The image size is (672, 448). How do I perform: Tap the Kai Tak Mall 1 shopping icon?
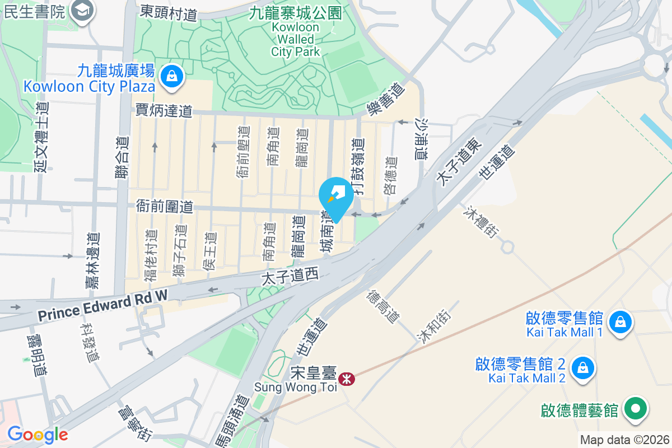[x=619, y=323]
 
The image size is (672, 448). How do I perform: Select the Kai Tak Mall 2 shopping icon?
[x=582, y=369]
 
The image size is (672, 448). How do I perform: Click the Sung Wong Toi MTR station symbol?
[x=347, y=379]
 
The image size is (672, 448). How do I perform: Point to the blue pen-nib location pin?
[x=336, y=198]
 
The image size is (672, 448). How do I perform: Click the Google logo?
[x=38, y=435]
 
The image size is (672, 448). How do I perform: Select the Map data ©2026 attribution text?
[x=624, y=440]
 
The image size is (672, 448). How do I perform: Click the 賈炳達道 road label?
[x=164, y=110]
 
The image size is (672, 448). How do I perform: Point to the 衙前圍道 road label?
[x=165, y=207]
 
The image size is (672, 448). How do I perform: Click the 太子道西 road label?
[x=290, y=276]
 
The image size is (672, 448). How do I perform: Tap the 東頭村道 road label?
[x=169, y=12]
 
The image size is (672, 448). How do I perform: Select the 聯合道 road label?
[x=123, y=158]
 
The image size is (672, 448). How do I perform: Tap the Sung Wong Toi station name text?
[x=296, y=386]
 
